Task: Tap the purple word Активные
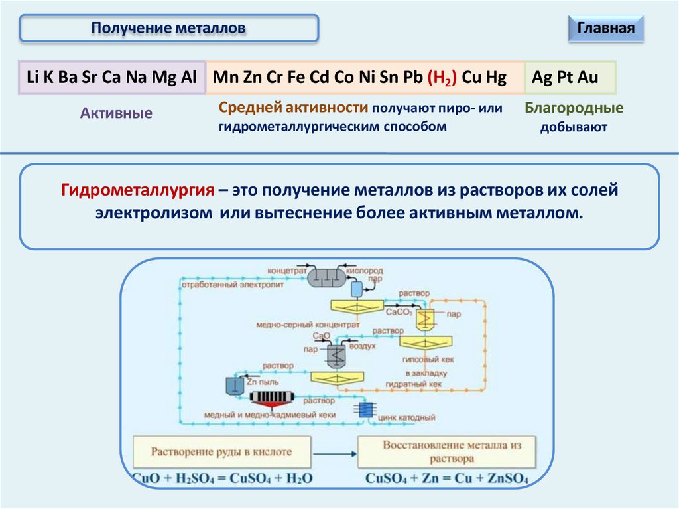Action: [x=116, y=113]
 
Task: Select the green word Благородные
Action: [x=574, y=108]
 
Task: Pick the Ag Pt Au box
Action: [x=570, y=78]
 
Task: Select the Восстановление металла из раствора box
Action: [x=448, y=452]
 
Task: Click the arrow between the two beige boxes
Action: [x=334, y=453]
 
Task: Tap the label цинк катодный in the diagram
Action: [x=406, y=418]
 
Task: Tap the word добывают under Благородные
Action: [x=574, y=127]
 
